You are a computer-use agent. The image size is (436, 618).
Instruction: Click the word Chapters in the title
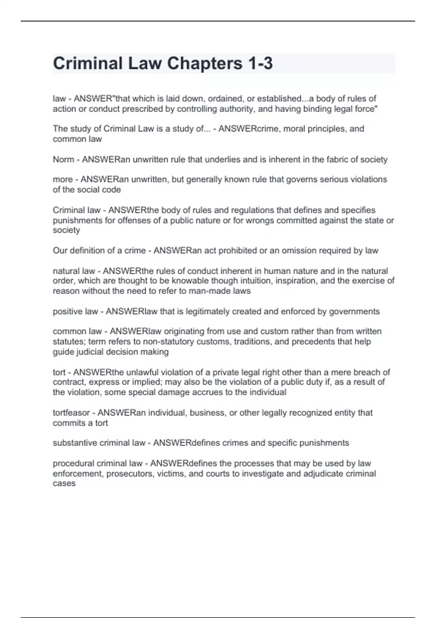coord(204,63)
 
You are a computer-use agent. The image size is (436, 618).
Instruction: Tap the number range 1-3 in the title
coord(260,63)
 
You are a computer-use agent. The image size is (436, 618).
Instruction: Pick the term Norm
coord(64,160)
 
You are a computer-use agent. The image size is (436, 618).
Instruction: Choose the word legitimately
coord(207,312)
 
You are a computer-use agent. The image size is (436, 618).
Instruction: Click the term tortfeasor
coord(71,413)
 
